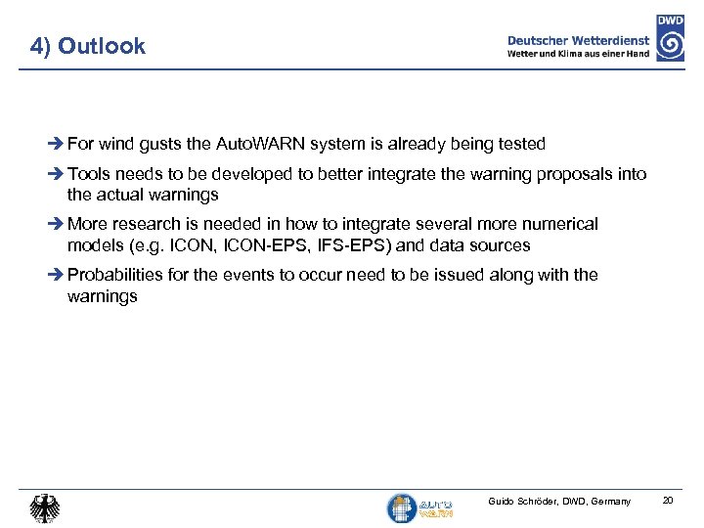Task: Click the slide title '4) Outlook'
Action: [x=87, y=46]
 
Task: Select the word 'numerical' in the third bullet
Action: [x=561, y=224]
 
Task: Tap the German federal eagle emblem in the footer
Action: [x=44, y=506]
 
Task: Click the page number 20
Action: [x=668, y=501]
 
